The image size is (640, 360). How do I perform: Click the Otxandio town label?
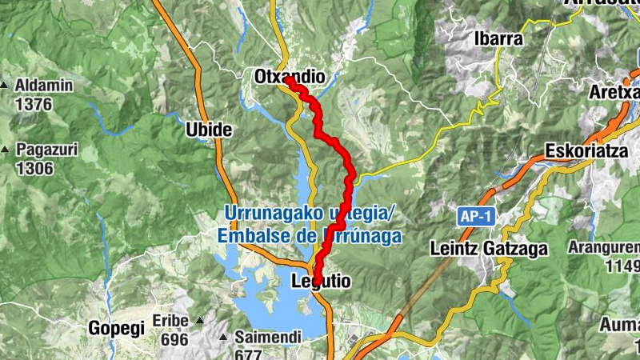click(x=289, y=77)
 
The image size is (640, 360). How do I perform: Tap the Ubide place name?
click(x=208, y=130)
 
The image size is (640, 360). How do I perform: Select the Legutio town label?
click(x=321, y=282)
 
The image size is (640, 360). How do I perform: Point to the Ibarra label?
click(x=498, y=38)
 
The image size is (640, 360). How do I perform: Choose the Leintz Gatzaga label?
click(x=489, y=249)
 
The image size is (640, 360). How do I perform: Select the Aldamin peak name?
click(x=44, y=86)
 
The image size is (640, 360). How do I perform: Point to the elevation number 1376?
click(x=34, y=104)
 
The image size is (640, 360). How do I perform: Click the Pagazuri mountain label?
click(x=46, y=150)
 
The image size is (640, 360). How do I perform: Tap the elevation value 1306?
click(x=34, y=168)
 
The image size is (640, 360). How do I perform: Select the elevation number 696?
click(x=174, y=339)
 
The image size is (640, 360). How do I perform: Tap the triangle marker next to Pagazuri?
click(x=5, y=150)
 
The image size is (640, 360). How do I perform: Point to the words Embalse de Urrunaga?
click(x=308, y=237)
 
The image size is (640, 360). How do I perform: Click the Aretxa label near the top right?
click(x=614, y=92)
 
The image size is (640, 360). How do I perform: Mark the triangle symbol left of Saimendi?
click(x=225, y=338)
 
